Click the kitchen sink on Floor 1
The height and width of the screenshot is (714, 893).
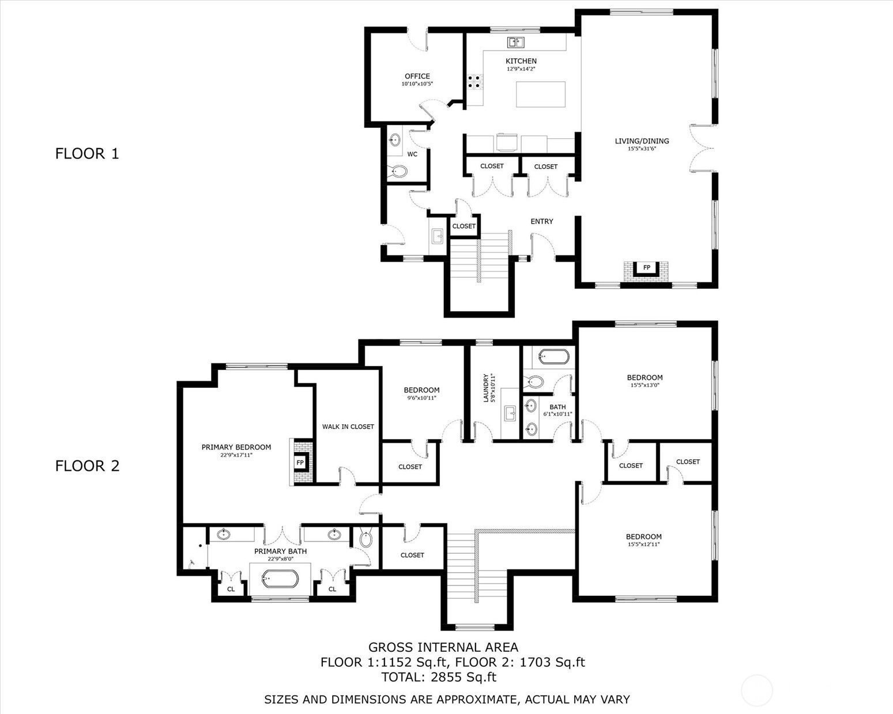click(516, 42)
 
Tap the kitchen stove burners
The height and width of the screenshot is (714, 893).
click(475, 82)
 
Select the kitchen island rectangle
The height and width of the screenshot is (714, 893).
click(541, 94)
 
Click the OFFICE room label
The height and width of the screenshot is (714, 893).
click(417, 76)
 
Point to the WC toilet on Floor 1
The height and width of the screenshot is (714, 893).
click(399, 171)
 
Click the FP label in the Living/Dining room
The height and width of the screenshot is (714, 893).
click(646, 267)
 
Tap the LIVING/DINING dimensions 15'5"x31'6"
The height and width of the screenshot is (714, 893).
click(642, 149)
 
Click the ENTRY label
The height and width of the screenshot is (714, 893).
click(541, 221)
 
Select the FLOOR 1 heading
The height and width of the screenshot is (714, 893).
click(87, 154)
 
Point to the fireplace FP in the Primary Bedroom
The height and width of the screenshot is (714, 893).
click(301, 462)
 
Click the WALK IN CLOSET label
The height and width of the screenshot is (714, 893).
click(348, 426)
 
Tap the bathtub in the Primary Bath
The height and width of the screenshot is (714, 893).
click(280, 579)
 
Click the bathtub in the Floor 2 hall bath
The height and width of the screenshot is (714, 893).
click(553, 357)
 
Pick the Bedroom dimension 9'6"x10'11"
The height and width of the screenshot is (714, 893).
click(421, 398)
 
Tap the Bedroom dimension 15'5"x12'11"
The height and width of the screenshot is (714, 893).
click(643, 544)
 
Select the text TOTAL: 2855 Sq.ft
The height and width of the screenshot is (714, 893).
click(439, 678)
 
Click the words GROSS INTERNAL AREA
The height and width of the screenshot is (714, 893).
click(443, 647)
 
